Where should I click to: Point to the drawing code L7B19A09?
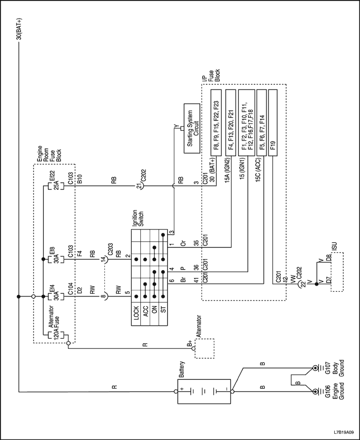(x=343, y=431)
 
